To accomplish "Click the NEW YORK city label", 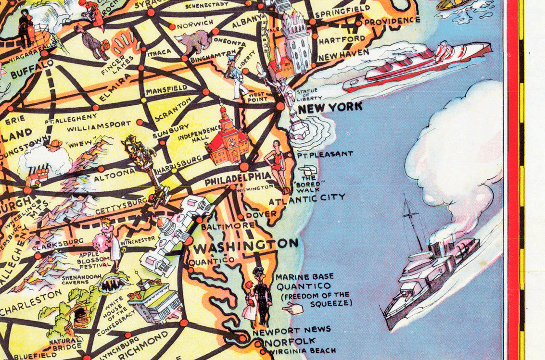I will tap(330, 108).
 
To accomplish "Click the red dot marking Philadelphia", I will tap(244, 167).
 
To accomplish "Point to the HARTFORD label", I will tap(348, 39).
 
